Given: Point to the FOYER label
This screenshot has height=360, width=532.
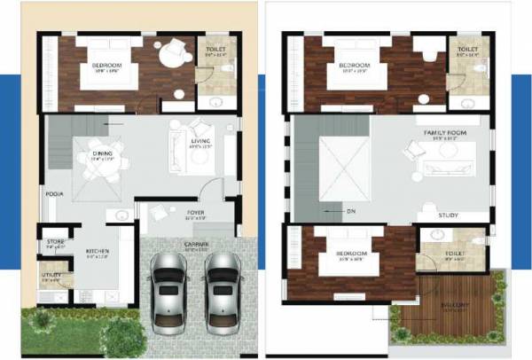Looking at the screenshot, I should [x=194, y=213].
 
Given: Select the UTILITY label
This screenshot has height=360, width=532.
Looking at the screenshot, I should [x=51, y=276].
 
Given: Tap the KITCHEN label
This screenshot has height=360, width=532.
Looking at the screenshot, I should [x=97, y=252].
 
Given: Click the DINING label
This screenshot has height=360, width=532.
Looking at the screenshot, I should [x=103, y=153].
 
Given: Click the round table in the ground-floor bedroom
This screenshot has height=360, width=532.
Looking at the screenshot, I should [x=168, y=53].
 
